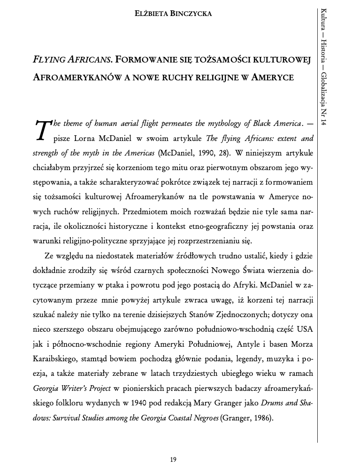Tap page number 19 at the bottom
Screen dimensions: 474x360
tap(173, 459)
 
